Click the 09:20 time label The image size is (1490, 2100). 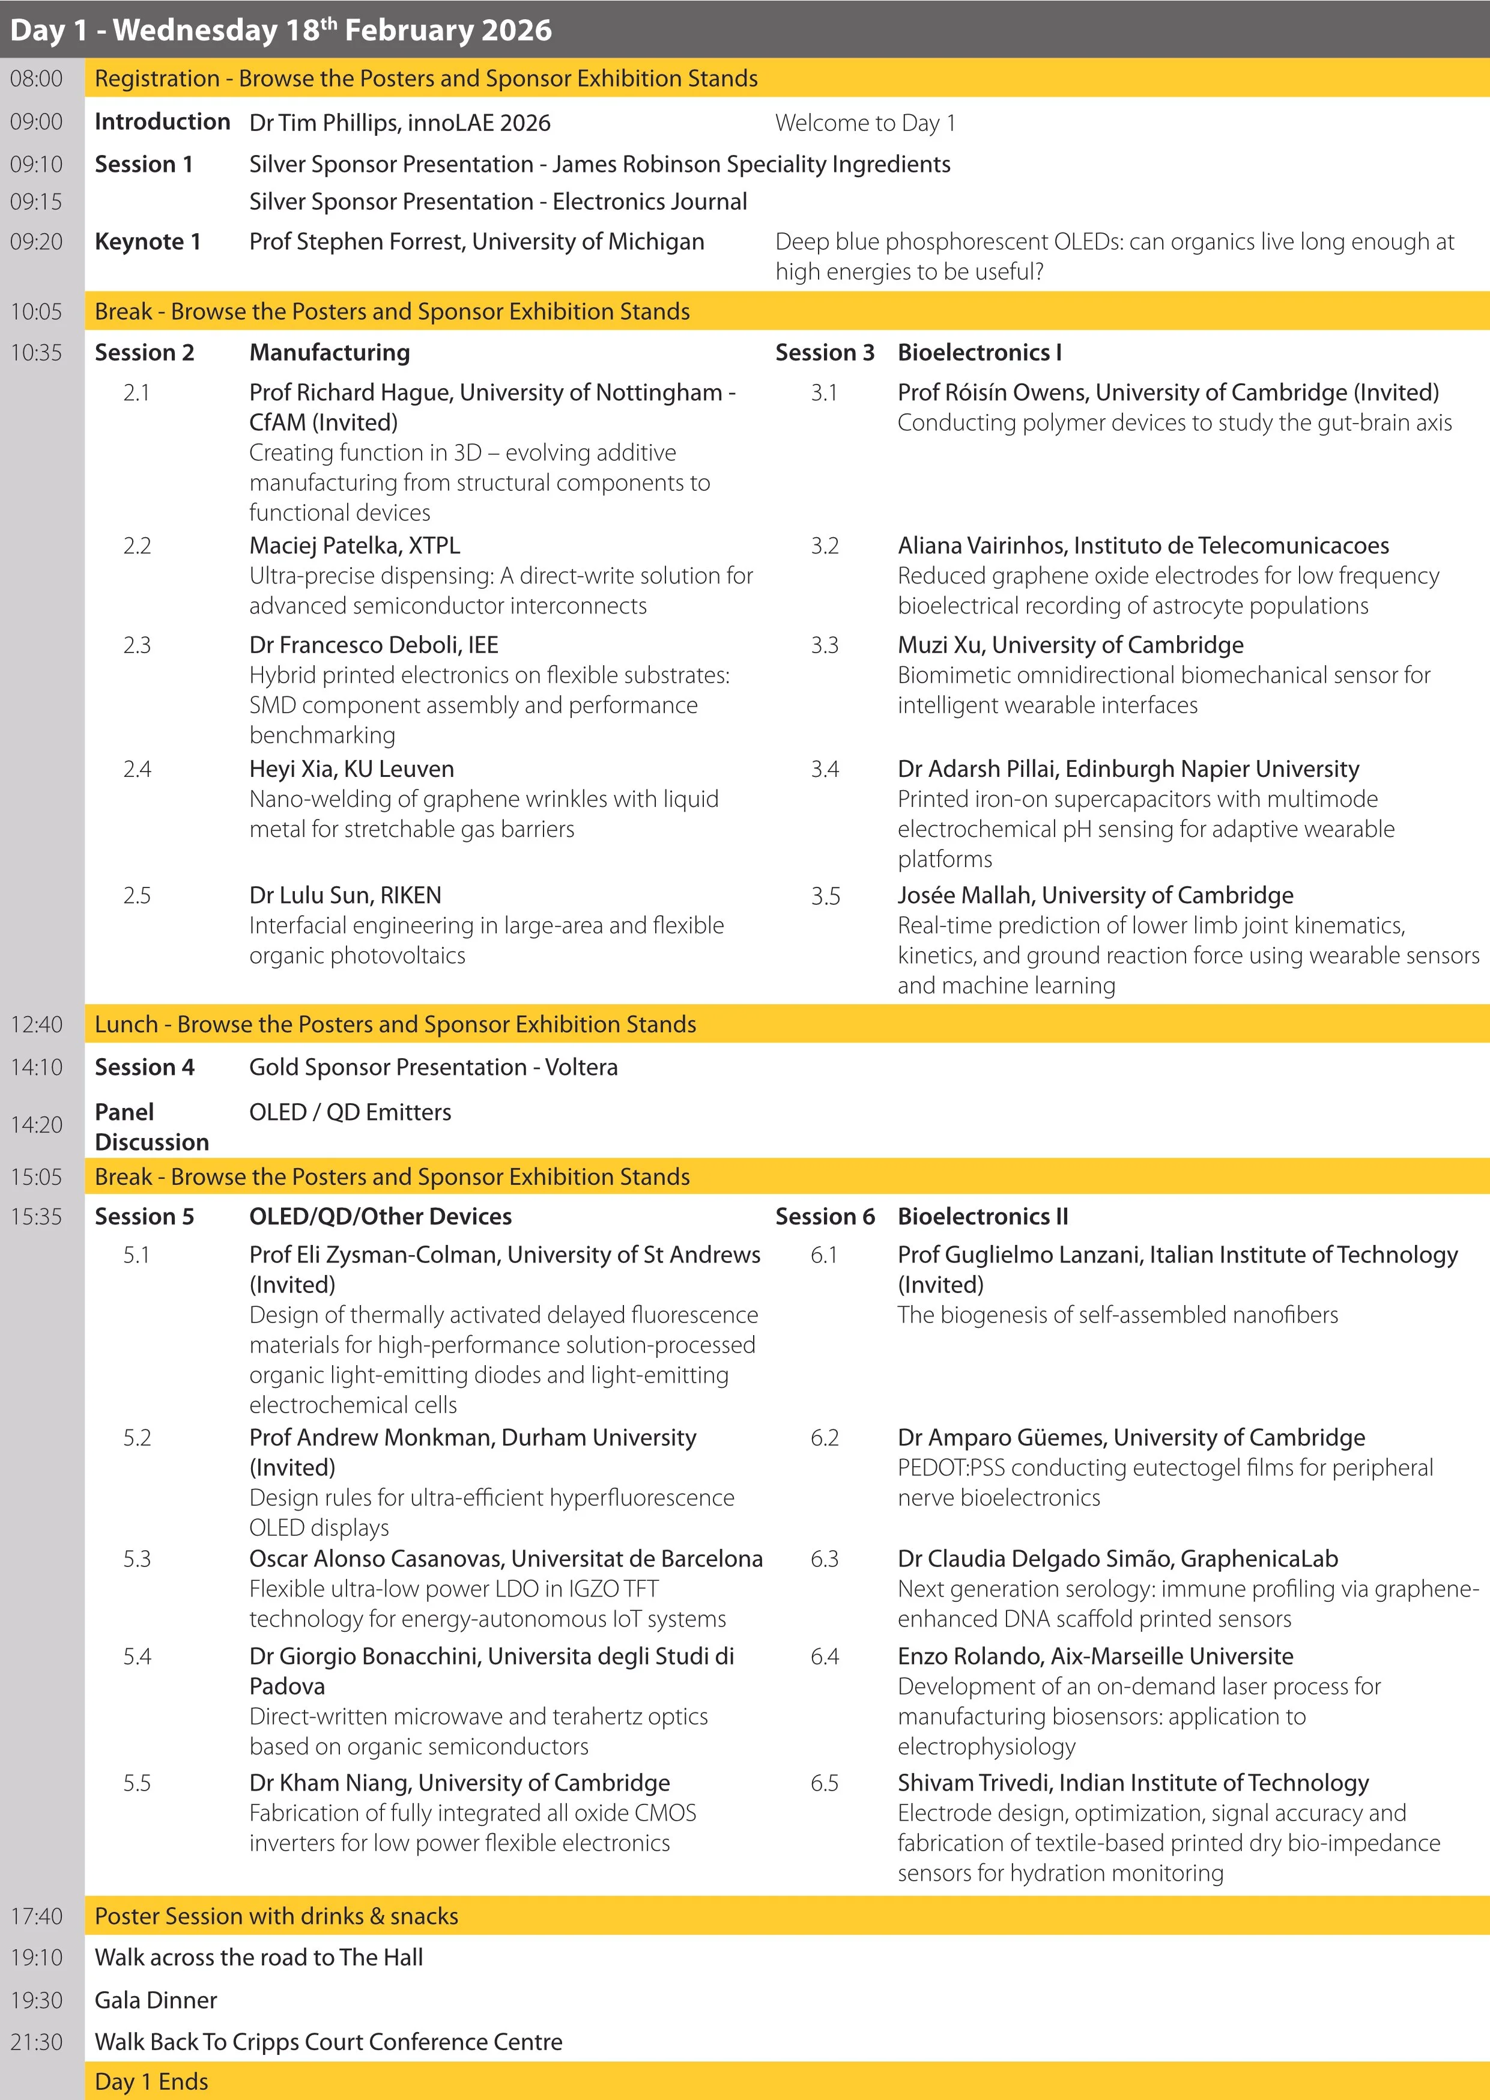[37, 242]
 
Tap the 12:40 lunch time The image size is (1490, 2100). [37, 1024]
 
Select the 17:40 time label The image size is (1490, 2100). [37, 1916]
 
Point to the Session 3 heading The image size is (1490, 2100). [824, 353]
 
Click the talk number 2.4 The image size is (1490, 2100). [137, 769]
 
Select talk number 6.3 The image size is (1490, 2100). [824, 1559]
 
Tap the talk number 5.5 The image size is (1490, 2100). [137, 1782]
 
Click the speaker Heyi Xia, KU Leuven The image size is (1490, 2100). [351, 769]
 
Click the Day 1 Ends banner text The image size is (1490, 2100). [151, 2081]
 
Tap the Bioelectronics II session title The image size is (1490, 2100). [983, 1216]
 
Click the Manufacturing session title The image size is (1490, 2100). [329, 353]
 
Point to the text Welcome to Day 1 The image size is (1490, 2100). [865, 123]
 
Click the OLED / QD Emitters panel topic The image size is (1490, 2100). [351, 1112]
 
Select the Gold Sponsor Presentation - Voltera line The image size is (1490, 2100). [433, 1068]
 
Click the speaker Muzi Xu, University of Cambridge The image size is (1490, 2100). [1070, 645]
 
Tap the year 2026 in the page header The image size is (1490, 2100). [518, 30]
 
